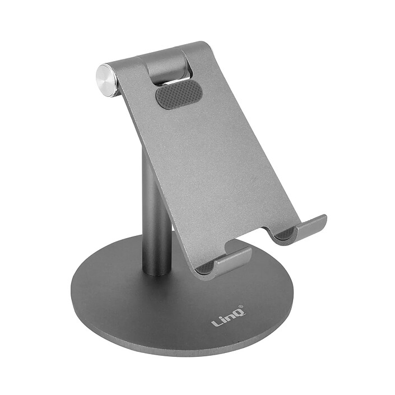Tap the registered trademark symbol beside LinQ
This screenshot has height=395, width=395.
pos(241,307)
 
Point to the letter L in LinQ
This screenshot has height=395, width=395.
pos(215,323)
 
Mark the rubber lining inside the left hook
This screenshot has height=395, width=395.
pos(206,268)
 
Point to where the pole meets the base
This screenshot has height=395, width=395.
pos(156,272)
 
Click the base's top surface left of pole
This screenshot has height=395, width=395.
pos(106,291)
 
